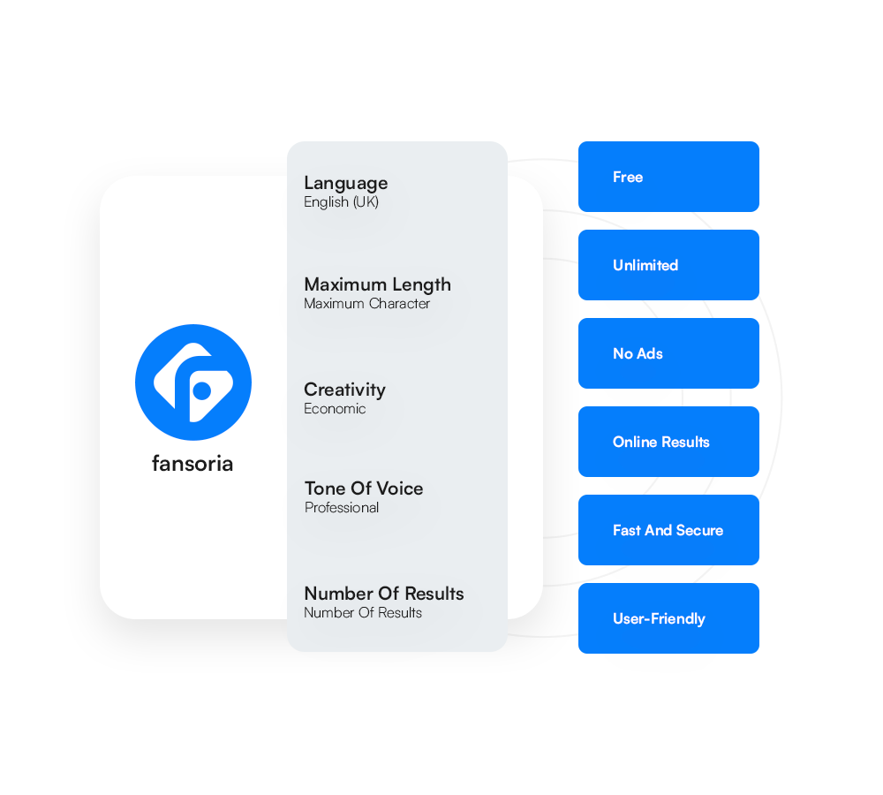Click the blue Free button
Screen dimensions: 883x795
pyautogui.click(x=668, y=177)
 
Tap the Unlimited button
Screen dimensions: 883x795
pyautogui.click(x=668, y=265)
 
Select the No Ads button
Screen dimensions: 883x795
pyautogui.click(x=668, y=353)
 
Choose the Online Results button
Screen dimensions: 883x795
pyautogui.click(x=668, y=442)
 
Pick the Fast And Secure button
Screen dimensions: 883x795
pyautogui.click(x=668, y=530)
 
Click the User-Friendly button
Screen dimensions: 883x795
pyautogui.click(x=668, y=618)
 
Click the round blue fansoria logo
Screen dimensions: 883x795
pyautogui.click(x=193, y=382)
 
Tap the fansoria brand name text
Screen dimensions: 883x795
pyautogui.click(x=192, y=464)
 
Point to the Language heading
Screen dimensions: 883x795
pyautogui.click(x=346, y=184)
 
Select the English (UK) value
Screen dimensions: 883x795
pyautogui.click(x=341, y=201)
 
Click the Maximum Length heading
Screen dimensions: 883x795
pyautogui.click(x=377, y=285)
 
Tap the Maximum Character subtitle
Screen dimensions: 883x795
pyautogui.click(x=366, y=304)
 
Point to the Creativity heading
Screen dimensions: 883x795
pyautogui.click(x=344, y=390)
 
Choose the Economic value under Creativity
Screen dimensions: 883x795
pyautogui.click(x=335, y=408)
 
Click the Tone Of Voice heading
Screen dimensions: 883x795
pyautogui.click(x=364, y=488)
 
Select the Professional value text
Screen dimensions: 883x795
pyautogui.click(x=341, y=508)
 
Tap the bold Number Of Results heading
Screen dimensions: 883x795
pyautogui.click(x=384, y=594)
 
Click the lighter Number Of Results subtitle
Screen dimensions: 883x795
pyautogui.click(x=363, y=612)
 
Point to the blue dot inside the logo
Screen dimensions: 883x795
pyautogui.click(x=201, y=390)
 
